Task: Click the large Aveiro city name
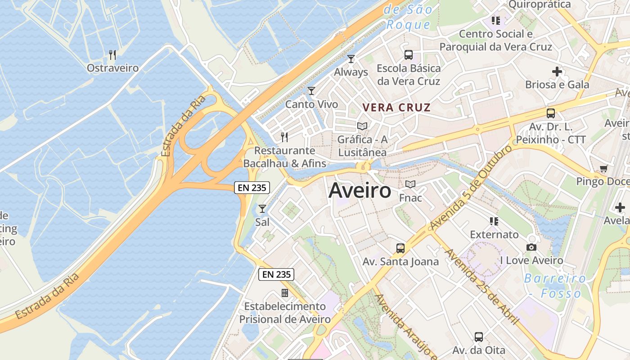pyautogui.click(x=360, y=191)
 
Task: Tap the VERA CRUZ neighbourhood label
pyautogui.click(x=396, y=108)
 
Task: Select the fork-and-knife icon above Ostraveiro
pyautogui.click(x=112, y=55)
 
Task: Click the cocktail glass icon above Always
pyautogui.click(x=351, y=59)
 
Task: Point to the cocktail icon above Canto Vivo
pyautogui.click(x=311, y=91)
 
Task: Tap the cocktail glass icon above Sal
pyautogui.click(x=262, y=209)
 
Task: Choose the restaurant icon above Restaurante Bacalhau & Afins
pyautogui.click(x=284, y=137)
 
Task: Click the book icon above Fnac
pyautogui.click(x=410, y=184)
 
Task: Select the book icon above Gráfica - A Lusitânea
pyautogui.click(x=362, y=126)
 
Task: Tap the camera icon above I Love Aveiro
pyautogui.click(x=531, y=247)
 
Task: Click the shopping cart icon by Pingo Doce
pyautogui.click(x=603, y=169)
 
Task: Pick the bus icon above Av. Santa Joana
pyautogui.click(x=400, y=248)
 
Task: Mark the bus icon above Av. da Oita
pyautogui.click(x=479, y=337)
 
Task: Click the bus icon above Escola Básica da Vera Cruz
pyautogui.click(x=409, y=55)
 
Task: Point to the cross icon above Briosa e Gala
pyautogui.click(x=557, y=71)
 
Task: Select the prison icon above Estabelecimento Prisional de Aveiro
pyautogui.click(x=284, y=293)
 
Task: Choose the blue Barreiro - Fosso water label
pyautogui.click(x=556, y=286)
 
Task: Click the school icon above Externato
pyautogui.click(x=494, y=221)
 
